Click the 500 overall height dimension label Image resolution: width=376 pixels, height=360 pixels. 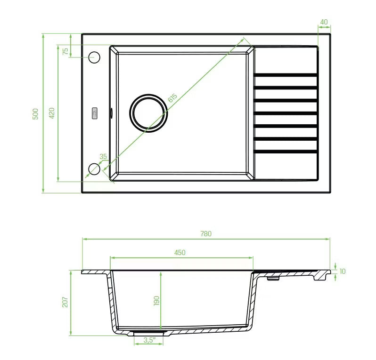[35, 114]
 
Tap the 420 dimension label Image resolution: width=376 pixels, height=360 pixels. [52, 113]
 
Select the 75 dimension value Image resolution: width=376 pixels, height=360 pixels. [65, 51]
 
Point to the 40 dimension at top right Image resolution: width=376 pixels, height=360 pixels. [324, 22]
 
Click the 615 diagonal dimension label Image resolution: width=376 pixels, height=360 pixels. [172, 98]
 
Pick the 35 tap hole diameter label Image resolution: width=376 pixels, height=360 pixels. [103, 156]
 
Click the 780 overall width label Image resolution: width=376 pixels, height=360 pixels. [206, 233]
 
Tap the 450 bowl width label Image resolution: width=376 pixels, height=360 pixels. [180, 252]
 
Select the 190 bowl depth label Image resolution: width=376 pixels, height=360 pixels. [156, 301]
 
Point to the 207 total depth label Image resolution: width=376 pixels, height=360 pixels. [65, 302]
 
